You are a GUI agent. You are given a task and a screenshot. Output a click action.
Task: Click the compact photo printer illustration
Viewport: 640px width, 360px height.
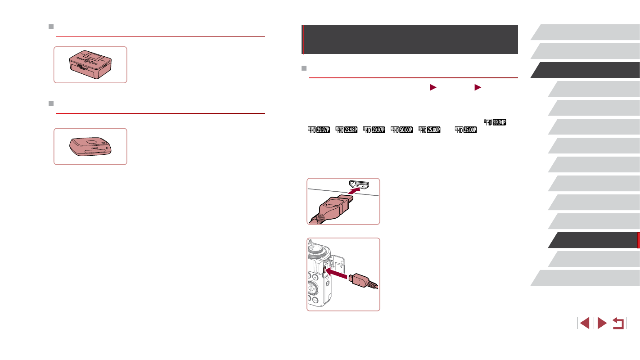[90, 65]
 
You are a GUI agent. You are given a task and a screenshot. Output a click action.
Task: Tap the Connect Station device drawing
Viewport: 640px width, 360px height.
[90, 146]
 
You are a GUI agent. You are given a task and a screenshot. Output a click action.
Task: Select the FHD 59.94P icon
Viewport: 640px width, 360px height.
[495, 122]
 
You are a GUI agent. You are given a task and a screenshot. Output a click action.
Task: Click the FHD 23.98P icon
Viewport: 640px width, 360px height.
[346, 130]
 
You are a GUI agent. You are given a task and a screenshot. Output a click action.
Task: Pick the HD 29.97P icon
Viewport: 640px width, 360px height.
[374, 130]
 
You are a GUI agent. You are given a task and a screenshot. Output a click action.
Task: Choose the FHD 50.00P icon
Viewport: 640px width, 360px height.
[402, 130]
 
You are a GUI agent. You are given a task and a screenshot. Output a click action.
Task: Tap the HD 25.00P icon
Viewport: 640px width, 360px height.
[466, 130]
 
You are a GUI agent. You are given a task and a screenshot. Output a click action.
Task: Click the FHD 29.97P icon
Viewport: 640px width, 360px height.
[319, 130]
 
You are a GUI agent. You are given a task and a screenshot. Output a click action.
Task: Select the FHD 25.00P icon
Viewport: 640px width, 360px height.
[429, 130]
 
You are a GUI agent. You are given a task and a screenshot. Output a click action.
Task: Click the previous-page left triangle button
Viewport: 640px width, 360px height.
[585, 323]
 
